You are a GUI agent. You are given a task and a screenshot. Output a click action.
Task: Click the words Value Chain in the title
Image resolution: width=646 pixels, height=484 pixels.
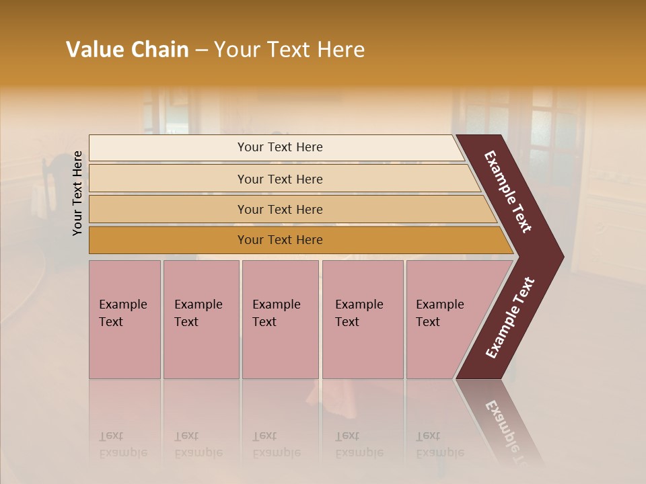coord(127,50)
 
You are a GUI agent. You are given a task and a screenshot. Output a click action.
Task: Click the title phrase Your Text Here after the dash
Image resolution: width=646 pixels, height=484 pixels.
coord(289,50)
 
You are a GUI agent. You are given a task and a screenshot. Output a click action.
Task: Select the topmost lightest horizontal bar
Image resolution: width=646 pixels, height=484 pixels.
coord(168,148)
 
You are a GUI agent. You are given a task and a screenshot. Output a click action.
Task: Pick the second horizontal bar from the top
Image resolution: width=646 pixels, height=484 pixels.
coord(168,179)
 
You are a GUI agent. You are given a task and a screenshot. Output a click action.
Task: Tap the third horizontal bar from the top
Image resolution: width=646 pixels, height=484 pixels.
coord(168,209)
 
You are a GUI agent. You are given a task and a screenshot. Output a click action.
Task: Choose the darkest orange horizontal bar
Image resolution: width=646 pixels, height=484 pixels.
coord(168,240)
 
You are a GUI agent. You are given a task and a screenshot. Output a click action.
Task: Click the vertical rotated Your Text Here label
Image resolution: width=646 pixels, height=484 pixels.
coord(78,193)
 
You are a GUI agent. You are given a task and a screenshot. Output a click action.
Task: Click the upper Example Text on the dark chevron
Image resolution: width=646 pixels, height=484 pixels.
coord(508,191)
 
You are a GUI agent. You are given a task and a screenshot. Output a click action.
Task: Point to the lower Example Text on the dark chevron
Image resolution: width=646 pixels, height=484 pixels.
coord(510,318)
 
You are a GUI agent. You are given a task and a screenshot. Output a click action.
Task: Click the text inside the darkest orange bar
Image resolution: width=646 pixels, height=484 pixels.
coord(280,240)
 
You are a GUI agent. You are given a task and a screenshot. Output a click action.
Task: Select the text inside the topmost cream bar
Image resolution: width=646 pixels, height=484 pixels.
coord(280,147)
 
